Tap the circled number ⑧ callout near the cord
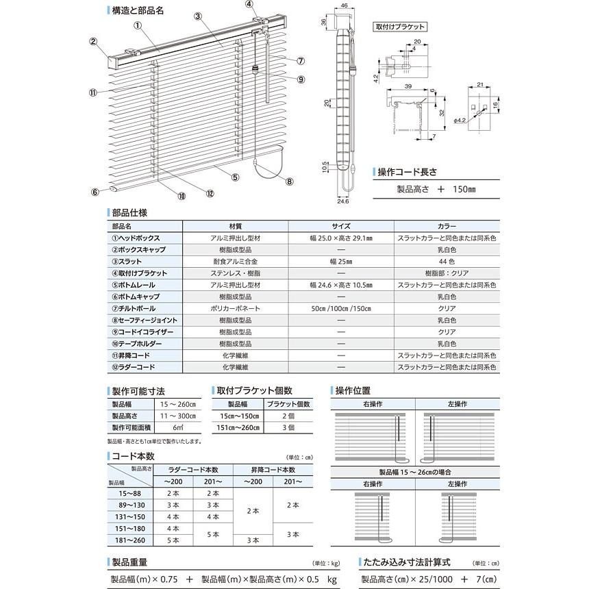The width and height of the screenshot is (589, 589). [290, 181]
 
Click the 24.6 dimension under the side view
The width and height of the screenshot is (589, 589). [343, 201]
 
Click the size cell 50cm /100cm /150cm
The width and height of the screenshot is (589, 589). [340, 308]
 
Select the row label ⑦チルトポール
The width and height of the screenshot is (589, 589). [135, 308]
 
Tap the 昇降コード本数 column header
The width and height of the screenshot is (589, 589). [274, 470]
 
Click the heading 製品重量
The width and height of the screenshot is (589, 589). [132, 563]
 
